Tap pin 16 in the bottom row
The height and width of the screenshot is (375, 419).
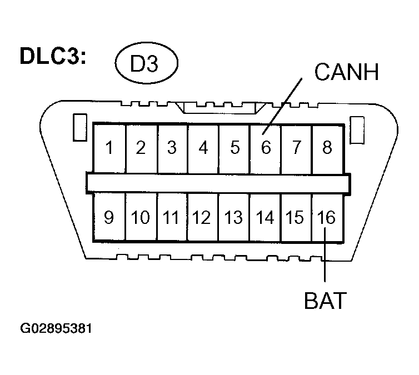pos(327,217)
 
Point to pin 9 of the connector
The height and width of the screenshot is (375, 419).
pos(109,217)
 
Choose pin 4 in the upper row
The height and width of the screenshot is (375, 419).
pos(203,148)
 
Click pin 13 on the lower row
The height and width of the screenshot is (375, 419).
pos(234,217)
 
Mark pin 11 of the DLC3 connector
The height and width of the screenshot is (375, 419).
pos(172,217)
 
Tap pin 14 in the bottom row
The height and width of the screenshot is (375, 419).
pos(265,217)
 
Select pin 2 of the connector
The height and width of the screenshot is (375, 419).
pos(141,148)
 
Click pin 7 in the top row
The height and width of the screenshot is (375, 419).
pos(296,148)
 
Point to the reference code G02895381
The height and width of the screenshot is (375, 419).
pos(56,328)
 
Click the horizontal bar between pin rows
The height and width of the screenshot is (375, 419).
pos(218,182)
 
